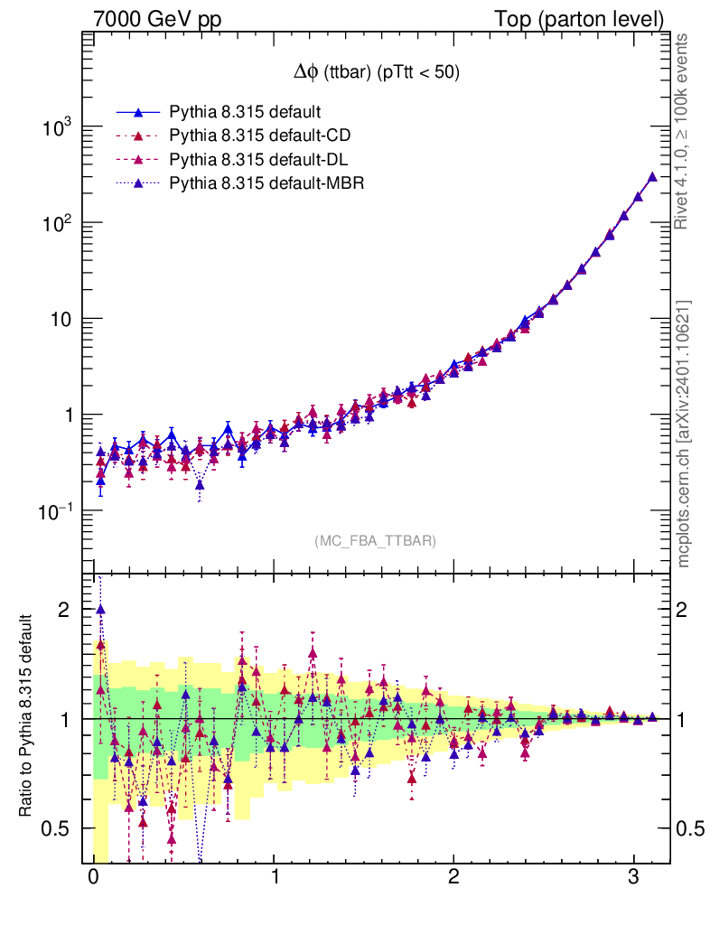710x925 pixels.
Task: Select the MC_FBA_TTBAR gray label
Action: point(375,541)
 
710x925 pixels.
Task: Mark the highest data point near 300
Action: point(652,177)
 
